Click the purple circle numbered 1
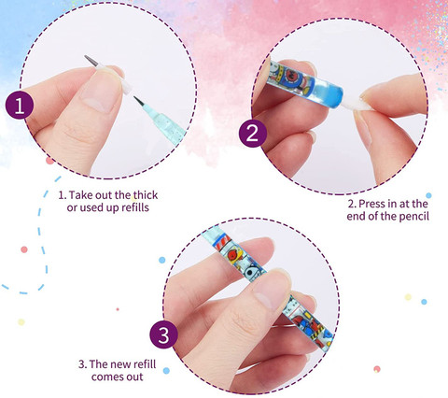20,106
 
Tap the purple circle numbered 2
253,134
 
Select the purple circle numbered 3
163,334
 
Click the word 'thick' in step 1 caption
146,195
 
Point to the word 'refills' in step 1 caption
135,207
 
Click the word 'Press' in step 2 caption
371,204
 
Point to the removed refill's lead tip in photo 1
86,57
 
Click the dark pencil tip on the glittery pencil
139,102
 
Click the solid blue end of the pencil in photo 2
329,92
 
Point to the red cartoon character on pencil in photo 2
292,75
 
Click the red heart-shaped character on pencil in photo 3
233,255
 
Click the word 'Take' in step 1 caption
81,195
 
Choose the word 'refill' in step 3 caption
145,364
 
